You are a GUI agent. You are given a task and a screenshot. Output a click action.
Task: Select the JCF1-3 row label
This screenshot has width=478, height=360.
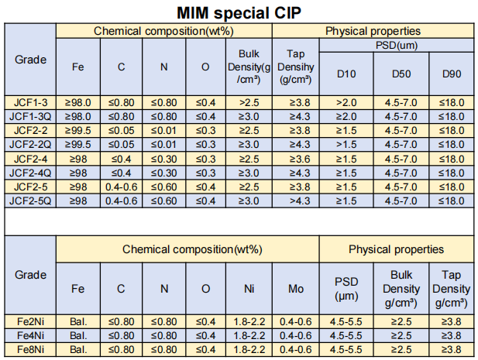[31, 101]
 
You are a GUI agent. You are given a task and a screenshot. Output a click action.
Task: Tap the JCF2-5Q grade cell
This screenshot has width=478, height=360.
[31, 201]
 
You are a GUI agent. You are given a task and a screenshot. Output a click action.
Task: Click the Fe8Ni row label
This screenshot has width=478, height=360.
[31, 350]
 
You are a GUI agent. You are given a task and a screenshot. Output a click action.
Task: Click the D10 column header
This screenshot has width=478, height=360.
[346, 74]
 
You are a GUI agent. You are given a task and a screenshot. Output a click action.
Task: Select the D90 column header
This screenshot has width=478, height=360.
[451, 74]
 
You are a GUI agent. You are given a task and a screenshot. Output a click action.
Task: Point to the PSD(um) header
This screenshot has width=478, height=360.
[396, 46]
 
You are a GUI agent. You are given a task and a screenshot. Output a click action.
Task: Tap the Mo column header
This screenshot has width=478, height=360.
[295, 289]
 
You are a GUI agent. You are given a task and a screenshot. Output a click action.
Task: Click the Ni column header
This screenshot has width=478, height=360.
[248, 289]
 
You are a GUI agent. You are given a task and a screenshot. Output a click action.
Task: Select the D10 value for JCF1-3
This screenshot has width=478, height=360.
[346, 101]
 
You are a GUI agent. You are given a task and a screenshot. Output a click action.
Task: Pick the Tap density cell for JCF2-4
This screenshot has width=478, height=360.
[295, 158]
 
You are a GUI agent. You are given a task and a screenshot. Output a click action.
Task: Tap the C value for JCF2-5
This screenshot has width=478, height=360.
[121, 187]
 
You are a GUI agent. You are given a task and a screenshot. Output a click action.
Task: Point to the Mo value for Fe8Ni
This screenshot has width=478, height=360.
[295, 350]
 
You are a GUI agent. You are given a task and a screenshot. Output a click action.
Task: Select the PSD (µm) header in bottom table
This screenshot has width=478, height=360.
[346, 289]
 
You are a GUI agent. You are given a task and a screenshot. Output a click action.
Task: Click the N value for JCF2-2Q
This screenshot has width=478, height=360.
[163, 144]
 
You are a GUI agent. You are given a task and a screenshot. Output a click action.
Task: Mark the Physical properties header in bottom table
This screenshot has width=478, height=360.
[396, 249]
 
